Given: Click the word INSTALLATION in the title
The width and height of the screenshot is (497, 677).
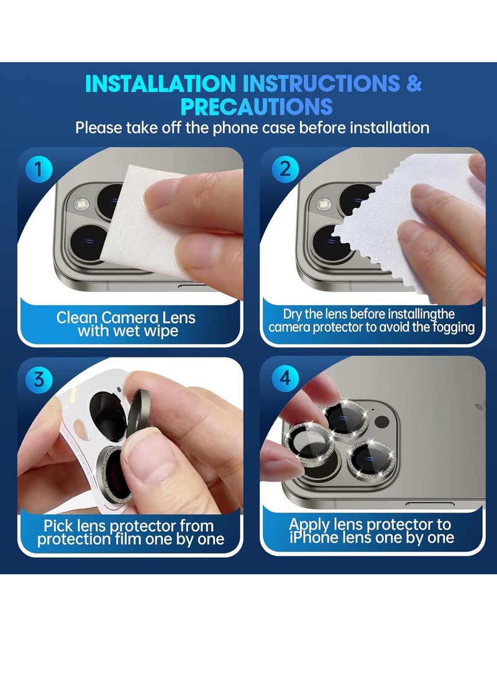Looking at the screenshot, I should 160,84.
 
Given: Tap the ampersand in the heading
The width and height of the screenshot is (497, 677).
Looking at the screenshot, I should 414,84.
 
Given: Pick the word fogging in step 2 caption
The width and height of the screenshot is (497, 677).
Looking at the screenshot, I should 452,328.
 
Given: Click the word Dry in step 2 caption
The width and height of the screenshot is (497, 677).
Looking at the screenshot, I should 294,315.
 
